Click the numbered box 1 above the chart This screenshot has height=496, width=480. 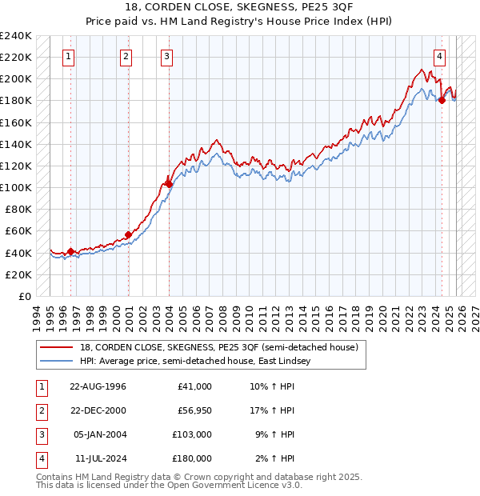pos(69,56)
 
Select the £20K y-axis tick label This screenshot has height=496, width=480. pos(18,274)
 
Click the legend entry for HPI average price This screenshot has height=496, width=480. pos(192,362)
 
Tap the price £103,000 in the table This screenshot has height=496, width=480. pos(193,434)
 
